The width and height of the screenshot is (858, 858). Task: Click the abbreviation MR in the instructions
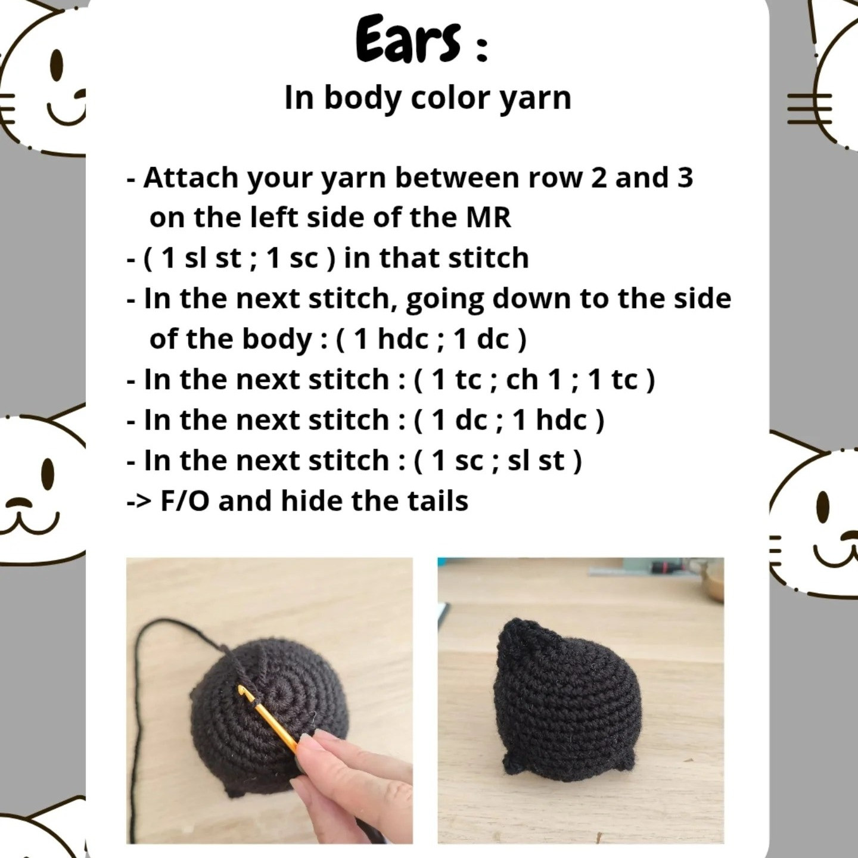(488, 217)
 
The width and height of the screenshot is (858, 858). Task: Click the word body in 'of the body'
(277, 340)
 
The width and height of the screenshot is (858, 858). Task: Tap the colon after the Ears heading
(483, 48)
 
